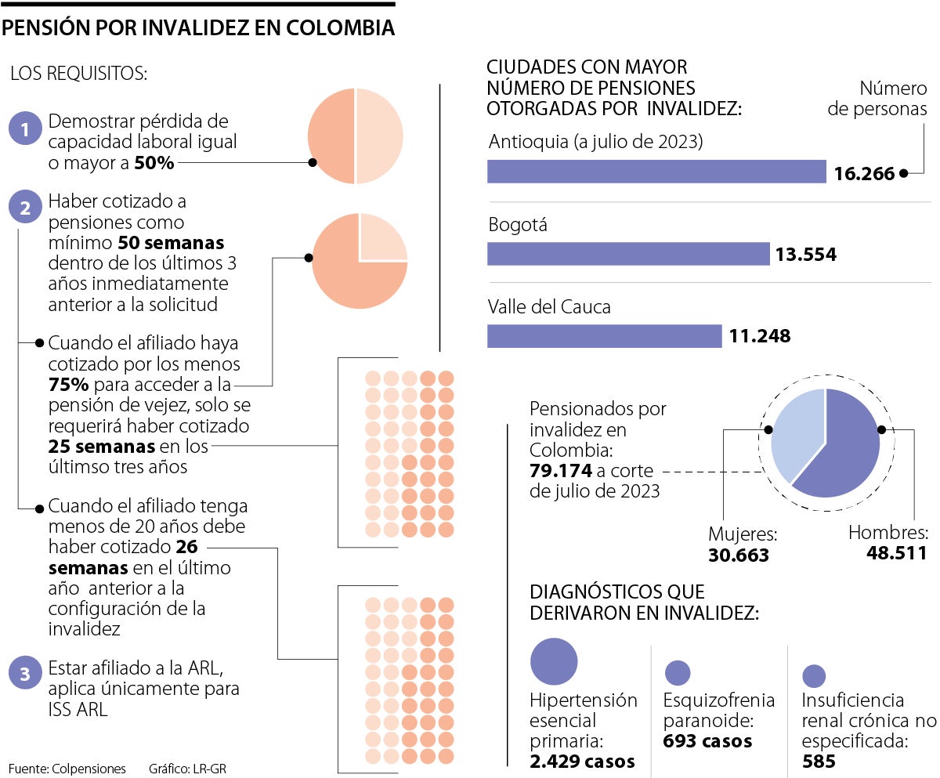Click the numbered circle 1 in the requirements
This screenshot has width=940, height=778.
25,129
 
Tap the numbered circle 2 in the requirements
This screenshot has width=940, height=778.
25,208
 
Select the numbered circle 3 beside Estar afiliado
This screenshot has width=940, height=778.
25,674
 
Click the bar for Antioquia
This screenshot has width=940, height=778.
656,172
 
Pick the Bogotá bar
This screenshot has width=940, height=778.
628,254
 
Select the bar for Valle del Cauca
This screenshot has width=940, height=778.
604,336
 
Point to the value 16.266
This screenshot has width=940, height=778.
864,173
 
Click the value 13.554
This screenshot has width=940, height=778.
806,255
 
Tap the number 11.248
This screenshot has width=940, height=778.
760,337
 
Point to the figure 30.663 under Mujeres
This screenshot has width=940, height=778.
739,555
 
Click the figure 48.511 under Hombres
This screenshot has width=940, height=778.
896,552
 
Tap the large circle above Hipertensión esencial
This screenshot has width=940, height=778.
554,661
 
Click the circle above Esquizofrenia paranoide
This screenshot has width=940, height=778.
677,672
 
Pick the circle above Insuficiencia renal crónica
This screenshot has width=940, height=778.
815,676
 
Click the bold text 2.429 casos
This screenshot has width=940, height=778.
582,761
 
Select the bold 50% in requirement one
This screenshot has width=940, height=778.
154,163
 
